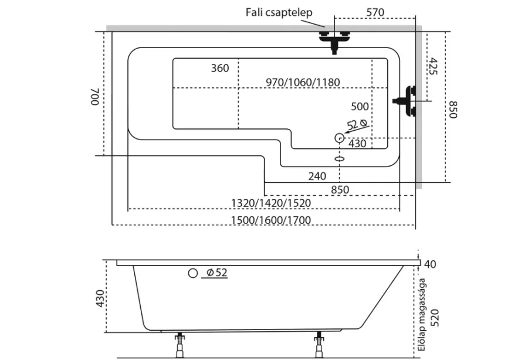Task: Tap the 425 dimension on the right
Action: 434,66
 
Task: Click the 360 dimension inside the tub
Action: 219,69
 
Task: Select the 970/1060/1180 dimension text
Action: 303,82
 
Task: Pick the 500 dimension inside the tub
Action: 359,107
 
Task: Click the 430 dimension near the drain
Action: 357,144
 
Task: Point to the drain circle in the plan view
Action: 339,138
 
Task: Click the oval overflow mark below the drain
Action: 339,158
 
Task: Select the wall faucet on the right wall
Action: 407,101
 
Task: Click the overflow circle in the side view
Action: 192,273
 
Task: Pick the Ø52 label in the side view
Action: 217,273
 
